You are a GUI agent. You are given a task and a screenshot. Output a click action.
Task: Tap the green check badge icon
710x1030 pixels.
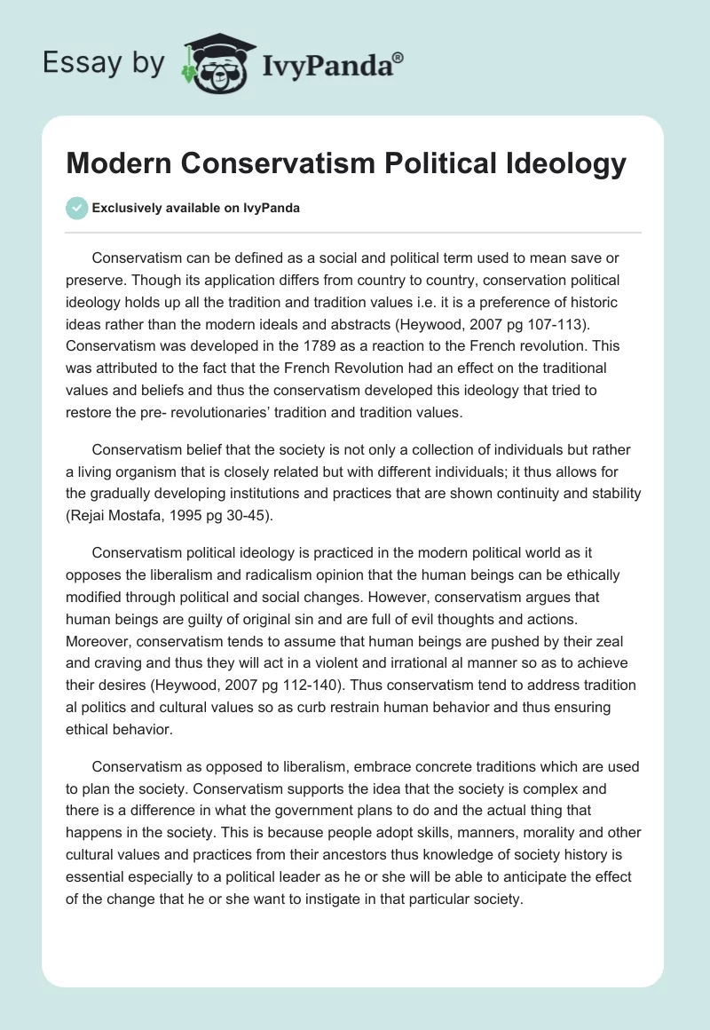coord(77,208)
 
